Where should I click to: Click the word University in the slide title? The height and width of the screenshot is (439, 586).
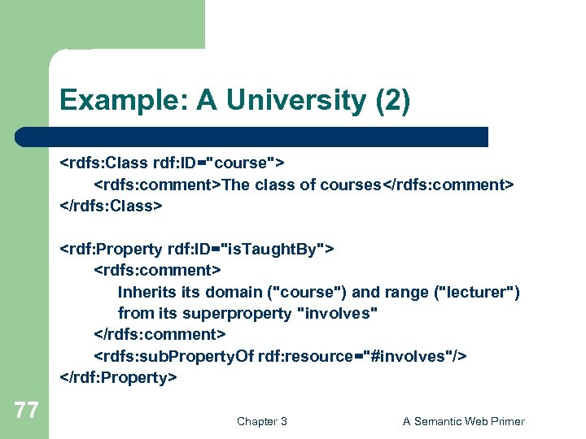297,101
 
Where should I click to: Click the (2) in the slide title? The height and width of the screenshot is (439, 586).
394,101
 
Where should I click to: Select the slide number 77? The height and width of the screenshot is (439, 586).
26,411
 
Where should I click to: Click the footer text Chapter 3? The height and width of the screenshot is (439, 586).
261,421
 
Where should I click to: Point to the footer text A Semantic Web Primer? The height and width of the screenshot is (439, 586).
464,421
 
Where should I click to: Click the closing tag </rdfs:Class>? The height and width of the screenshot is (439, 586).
112,206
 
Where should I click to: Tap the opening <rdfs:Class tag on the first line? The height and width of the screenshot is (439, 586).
100,163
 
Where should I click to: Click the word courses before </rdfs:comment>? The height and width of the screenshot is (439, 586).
350,185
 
